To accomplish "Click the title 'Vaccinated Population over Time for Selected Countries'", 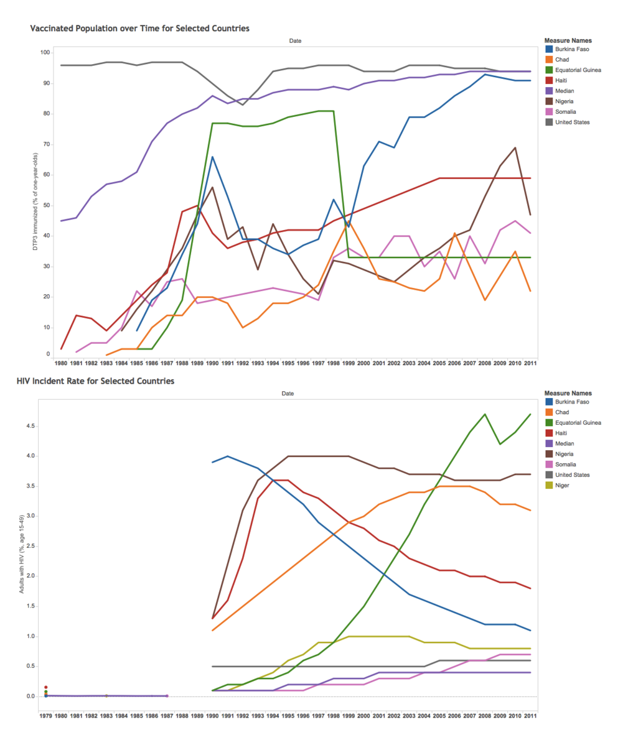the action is tap(140, 29).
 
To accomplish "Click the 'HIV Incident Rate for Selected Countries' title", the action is tap(96, 381).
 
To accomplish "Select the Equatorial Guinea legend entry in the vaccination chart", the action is tap(573, 70).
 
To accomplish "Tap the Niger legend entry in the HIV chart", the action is tap(557, 485).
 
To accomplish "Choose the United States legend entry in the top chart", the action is tap(568, 122).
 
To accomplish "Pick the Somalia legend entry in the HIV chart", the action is tap(561, 464).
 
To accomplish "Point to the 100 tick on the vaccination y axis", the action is tap(45, 52).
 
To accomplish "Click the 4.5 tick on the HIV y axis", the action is tap(31, 426).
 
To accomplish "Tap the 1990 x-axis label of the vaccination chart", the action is tap(212, 363).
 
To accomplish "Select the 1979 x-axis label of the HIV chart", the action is tap(45, 716).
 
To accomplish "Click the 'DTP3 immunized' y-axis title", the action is tap(35, 201).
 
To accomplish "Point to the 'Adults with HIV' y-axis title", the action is tap(21, 554).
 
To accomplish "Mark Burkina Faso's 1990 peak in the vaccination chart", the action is tap(212, 156).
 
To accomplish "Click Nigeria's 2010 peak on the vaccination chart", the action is tap(515, 147).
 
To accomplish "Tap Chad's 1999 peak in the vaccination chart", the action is tap(349, 221).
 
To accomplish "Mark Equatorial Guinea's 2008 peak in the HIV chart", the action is tap(485, 414).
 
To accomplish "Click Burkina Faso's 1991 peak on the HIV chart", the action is tap(227, 456).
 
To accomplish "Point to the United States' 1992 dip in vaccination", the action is tap(243, 104).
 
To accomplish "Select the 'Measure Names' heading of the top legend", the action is tap(568, 40).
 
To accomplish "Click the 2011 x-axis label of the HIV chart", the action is tap(530, 716).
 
